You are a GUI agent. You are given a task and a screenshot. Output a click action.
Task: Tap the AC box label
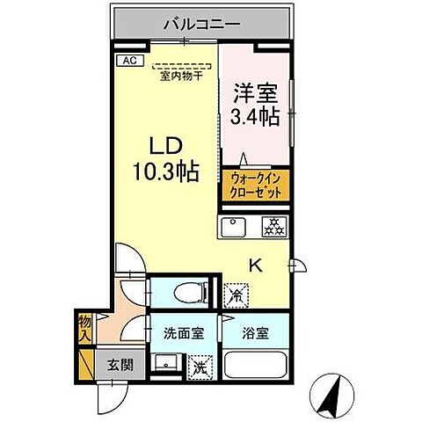tap(128, 60)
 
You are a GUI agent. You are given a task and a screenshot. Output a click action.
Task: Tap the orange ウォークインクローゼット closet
tap(255, 186)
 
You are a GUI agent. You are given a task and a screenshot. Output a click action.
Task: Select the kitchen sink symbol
tap(235, 225)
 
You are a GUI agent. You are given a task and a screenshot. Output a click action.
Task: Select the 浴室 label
tap(257, 333)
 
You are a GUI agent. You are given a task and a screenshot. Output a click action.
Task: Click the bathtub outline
tap(258, 368)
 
